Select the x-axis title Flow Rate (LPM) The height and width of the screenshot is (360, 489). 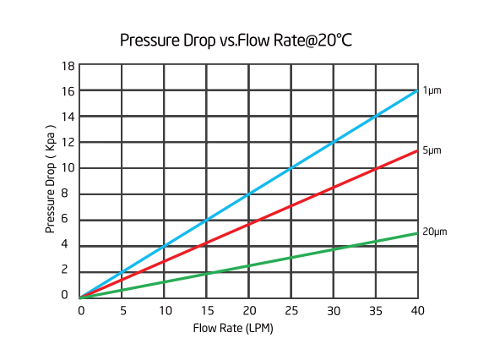[x=233, y=328]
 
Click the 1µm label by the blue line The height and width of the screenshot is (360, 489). [x=432, y=90]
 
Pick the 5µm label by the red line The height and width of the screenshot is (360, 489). [x=432, y=150]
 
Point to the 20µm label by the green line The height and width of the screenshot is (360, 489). [x=434, y=232]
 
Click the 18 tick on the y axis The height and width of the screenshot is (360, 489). [x=68, y=65]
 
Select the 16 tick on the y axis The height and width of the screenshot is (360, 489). [x=68, y=90]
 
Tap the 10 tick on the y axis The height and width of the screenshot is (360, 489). [x=68, y=168]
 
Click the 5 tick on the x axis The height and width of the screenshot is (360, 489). [x=123, y=310]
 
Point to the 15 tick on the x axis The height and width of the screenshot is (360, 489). [x=207, y=310]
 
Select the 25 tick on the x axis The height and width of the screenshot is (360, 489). [x=291, y=310]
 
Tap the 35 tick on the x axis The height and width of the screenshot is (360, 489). [x=375, y=310]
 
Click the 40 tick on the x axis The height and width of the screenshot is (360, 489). [x=417, y=310]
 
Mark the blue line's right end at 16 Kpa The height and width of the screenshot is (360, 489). [x=417, y=90]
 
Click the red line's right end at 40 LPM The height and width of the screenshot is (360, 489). [x=417, y=150]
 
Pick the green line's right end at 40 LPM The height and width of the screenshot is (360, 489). [x=417, y=232]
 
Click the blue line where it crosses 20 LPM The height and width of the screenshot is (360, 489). [x=249, y=194]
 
